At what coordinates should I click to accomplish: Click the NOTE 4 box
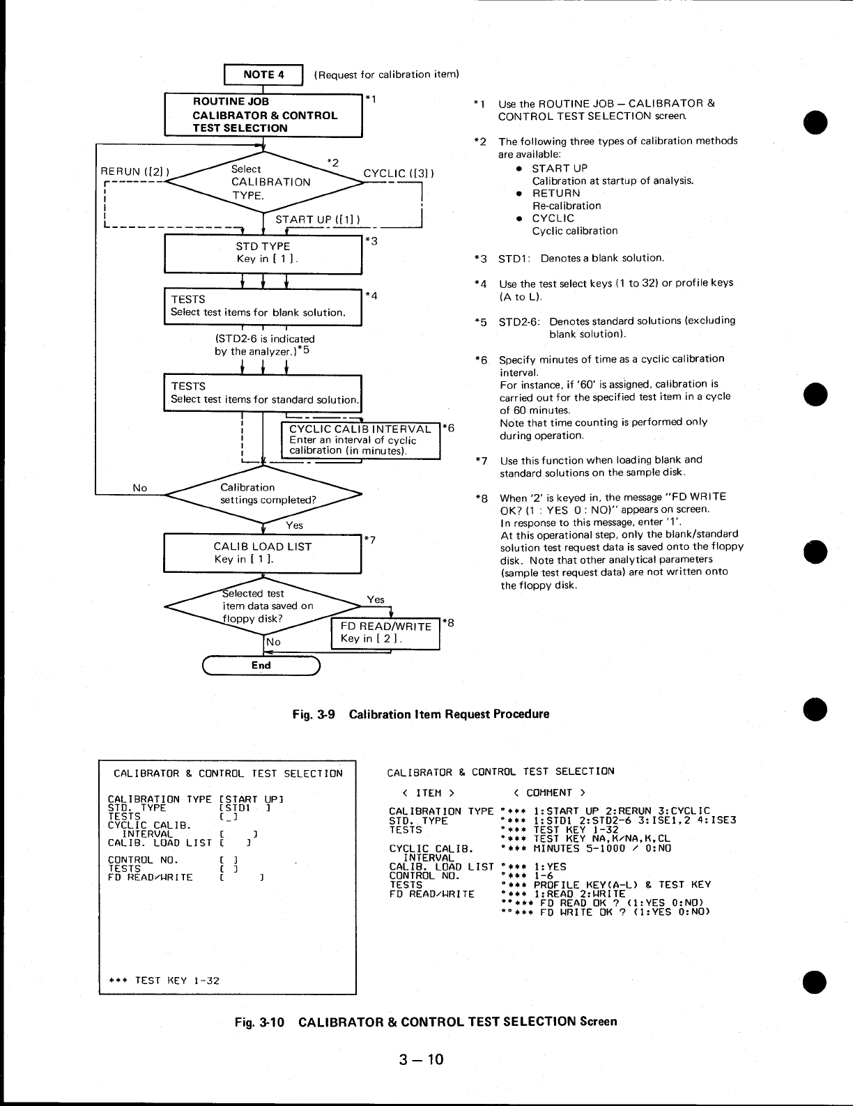pyautogui.click(x=263, y=74)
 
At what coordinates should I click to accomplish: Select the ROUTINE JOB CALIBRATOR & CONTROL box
pyautogui.click(x=263, y=115)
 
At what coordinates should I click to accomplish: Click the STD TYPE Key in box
pyautogui.click(x=263, y=252)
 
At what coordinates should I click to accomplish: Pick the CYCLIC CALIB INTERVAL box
pyautogui.click(x=361, y=440)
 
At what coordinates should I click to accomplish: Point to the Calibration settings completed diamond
pyautogui.click(x=263, y=493)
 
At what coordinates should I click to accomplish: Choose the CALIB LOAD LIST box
pyautogui.click(x=263, y=553)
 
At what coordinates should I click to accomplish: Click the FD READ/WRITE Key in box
pyautogui.click(x=385, y=633)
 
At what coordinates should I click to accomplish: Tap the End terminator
pyautogui.click(x=261, y=666)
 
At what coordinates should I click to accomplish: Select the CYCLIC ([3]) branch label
pyautogui.click(x=398, y=174)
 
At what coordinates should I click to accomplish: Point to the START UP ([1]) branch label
pyautogui.click(x=317, y=220)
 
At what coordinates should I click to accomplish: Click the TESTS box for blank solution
pyautogui.click(x=263, y=306)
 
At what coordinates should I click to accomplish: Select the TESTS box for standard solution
pyautogui.click(x=263, y=392)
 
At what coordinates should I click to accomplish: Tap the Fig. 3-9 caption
pyautogui.click(x=421, y=714)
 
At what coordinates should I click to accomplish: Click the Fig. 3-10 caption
pyautogui.click(x=425, y=1022)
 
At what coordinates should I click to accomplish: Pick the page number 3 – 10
pyautogui.click(x=421, y=1060)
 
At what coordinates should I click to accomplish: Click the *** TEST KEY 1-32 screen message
pyautogui.click(x=164, y=981)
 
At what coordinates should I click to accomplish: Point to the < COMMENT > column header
pyautogui.click(x=548, y=792)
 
